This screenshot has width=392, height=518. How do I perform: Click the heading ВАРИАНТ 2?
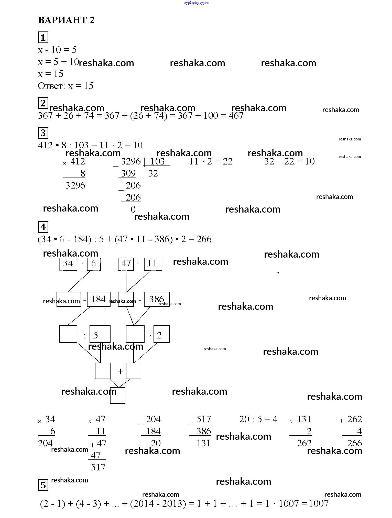click(66, 20)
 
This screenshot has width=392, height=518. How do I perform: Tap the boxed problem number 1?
click(43, 37)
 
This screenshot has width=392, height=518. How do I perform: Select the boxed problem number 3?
click(43, 133)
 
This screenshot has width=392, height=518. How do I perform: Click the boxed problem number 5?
click(43, 485)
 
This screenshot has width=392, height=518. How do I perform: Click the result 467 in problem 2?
click(236, 116)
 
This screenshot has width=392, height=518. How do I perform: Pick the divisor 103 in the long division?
click(157, 161)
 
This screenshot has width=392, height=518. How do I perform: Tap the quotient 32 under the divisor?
click(153, 173)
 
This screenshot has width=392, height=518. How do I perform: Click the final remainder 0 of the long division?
click(133, 209)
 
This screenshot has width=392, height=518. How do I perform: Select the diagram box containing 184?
click(99, 299)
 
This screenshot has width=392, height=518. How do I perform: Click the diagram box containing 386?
click(157, 299)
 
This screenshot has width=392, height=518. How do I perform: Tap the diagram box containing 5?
click(100, 334)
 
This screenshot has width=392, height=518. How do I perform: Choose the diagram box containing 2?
click(161, 334)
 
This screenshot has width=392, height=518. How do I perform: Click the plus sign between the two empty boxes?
click(120, 371)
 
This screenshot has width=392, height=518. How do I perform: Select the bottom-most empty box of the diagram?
click(118, 395)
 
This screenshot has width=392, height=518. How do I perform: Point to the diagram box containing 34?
click(68, 264)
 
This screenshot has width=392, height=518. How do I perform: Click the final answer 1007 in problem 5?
click(319, 503)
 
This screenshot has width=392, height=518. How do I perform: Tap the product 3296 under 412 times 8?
click(75, 185)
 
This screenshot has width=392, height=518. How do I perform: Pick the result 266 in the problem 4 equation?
click(204, 239)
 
